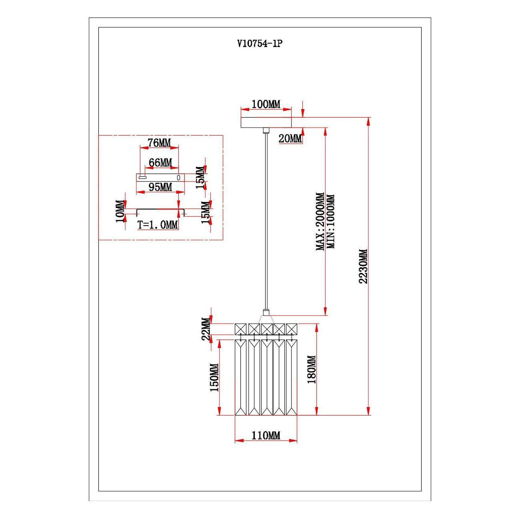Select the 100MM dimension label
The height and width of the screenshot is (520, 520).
tap(266, 104)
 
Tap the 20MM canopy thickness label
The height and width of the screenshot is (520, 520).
tap(290, 139)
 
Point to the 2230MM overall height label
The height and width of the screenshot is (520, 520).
tap(363, 266)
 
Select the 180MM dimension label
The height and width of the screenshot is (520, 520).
tap(312, 369)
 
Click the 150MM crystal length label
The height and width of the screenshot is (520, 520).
tap(214, 378)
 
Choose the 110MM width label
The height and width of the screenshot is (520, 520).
tap(266, 435)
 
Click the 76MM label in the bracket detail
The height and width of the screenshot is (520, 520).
tap(159, 142)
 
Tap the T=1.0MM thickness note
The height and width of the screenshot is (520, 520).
tap(158, 225)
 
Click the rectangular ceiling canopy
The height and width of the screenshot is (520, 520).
tap(266, 122)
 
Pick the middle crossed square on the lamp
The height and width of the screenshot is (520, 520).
tap(266, 328)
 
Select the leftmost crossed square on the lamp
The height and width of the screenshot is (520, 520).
tap(241, 328)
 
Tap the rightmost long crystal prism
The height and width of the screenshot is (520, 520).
tap(291, 377)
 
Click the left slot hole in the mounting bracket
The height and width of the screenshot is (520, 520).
tap(142, 177)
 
